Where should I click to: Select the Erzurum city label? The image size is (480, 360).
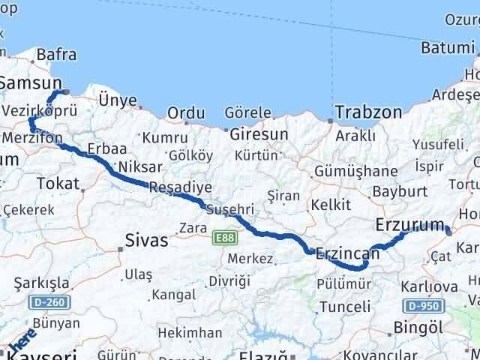click(410, 223)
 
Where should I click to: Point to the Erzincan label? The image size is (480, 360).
click(348, 253)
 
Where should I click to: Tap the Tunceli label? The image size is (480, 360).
click(345, 306)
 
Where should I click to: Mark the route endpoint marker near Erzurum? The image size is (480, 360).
click(448, 231)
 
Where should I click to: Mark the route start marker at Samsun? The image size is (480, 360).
click(66, 91)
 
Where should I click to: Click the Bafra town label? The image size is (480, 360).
click(56, 54)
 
